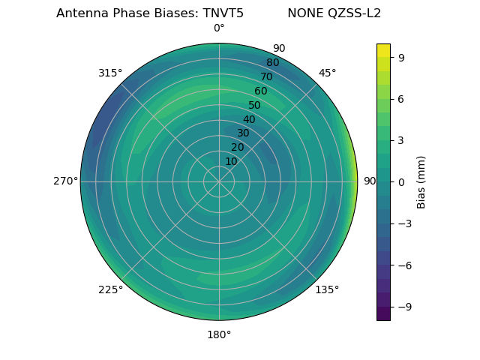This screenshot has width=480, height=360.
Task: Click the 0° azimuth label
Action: coord(219,28)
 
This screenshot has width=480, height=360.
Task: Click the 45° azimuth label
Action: coord(327,73)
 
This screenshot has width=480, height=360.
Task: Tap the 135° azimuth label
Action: coord(327,289)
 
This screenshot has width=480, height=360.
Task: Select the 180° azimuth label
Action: coord(219,334)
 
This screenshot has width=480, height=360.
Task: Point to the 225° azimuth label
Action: coord(110,290)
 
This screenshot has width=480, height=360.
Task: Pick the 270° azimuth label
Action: coord(65,181)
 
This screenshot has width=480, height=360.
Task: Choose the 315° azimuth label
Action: coord(110,73)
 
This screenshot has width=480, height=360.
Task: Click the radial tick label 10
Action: coord(231,161)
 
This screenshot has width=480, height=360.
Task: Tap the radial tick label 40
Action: coord(249,119)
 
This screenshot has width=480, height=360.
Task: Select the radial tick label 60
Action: coord(261,91)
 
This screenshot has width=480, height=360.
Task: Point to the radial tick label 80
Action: coord(272,63)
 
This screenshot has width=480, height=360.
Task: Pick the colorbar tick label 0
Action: coord(402,181)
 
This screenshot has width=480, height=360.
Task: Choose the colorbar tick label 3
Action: coord(402,140)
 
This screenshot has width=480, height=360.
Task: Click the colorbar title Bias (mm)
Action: coord(421,181)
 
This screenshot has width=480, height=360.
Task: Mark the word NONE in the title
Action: coord(302,13)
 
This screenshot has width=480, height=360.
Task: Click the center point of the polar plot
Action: coord(219,181)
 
